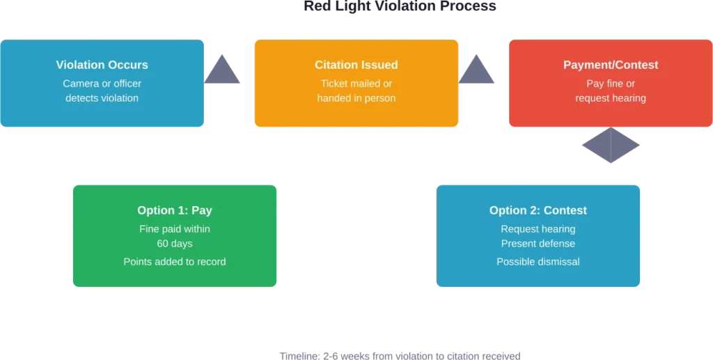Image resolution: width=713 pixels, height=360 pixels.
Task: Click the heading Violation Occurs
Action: coord(102,65)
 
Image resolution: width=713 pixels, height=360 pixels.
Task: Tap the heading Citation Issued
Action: coord(356,65)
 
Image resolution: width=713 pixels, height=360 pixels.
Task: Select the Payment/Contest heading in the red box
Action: coord(610,65)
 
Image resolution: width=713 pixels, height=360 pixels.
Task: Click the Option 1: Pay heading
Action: coord(175,210)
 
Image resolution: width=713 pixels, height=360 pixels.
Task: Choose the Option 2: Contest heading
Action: coord(538,210)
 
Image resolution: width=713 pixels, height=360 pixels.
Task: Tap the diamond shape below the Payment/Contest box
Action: coord(610,146)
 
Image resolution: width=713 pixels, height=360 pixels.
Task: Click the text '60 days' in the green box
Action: coord(175,244)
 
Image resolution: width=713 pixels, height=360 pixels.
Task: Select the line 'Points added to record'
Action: coord(175,262)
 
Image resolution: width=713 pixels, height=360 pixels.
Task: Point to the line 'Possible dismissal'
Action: coord(538,262)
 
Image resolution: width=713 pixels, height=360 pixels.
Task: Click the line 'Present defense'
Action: coord(538,244)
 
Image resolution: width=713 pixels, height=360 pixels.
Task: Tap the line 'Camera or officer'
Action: coord(102,84)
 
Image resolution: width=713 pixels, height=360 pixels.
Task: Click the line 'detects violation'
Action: coord(102,98)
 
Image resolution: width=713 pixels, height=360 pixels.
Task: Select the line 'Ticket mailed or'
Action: coord(356,84)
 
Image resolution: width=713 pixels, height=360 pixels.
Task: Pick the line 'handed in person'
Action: coord(356,98)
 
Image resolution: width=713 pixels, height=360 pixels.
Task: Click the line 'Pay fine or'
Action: coord(610,84)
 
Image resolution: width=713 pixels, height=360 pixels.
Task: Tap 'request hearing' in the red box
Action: coord(610,98)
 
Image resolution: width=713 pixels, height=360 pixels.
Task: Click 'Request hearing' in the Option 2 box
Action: coord(538,229)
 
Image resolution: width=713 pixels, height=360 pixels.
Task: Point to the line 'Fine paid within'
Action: coord(175,229)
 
